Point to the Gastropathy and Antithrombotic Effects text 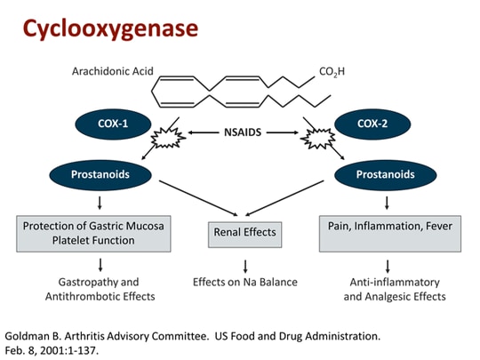coord(100,289)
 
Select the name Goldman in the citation coord(28,336)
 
